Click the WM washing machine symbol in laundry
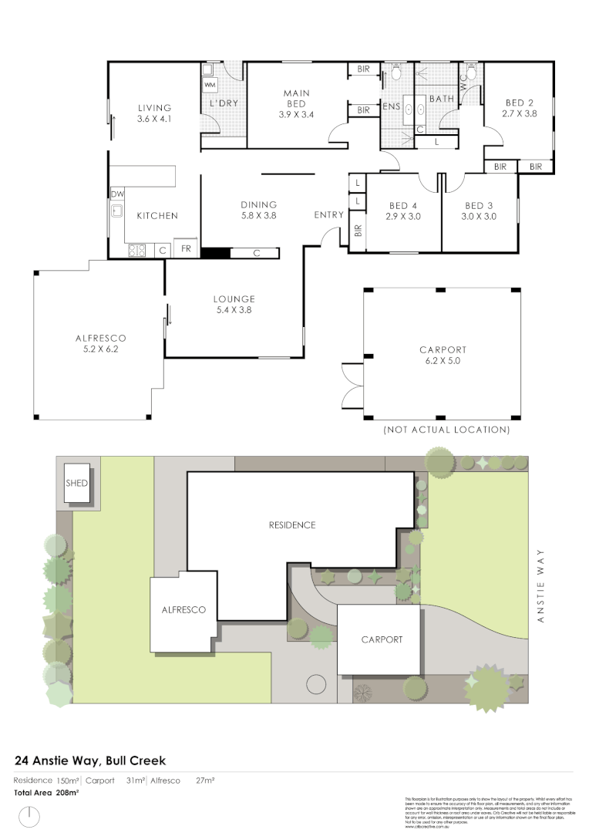[x=210, y=83]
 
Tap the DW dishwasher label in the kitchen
[x=117, y=195]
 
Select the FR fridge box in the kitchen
[x=186, y=249]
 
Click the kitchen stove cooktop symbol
[x=137, y=249]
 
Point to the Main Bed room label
[x=296, y=99]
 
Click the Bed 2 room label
[x=520, y=103]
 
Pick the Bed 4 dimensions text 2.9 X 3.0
[x=402, y=217]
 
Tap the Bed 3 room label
[x=479, y=206]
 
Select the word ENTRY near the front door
[x=328, y=215]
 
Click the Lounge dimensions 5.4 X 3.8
[x=234, y=310]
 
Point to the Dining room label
[x=258, y=204]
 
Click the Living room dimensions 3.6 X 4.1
[x=154, y=120]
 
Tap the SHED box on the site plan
[x=77, y=484]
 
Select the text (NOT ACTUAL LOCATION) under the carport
[x=446, y=430]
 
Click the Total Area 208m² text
[x=46, y=792]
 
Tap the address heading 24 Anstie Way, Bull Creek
[x=90, y=761]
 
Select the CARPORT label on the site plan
[x=382, y=639]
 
